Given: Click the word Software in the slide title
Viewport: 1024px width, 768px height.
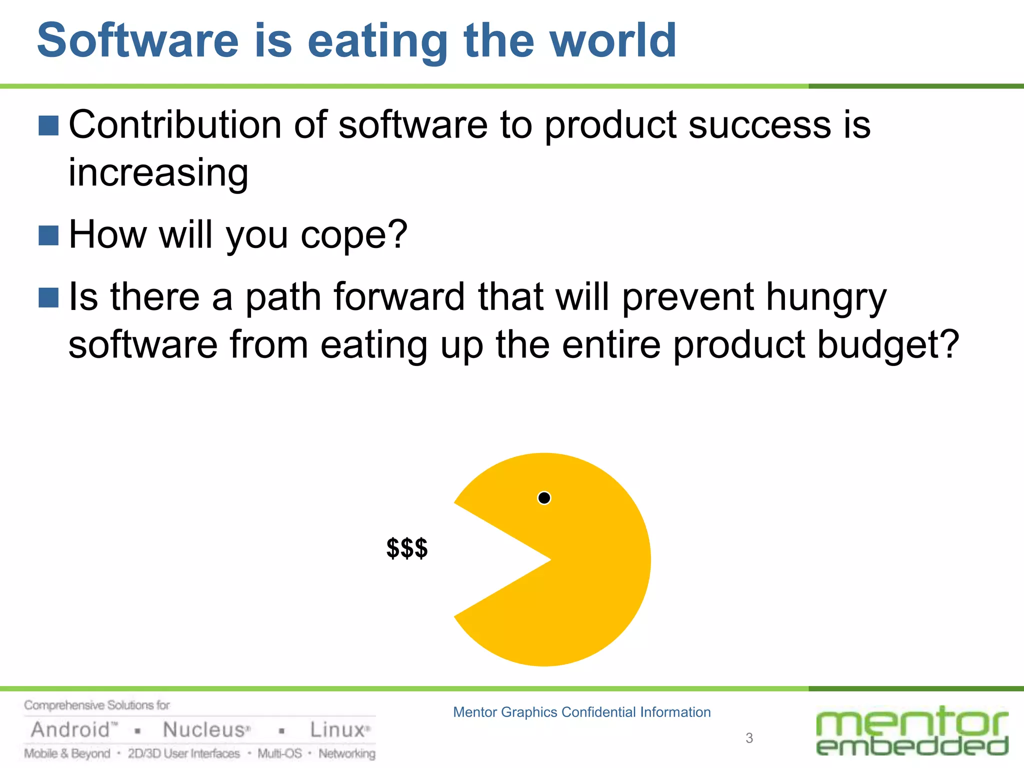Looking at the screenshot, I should click(138, 41).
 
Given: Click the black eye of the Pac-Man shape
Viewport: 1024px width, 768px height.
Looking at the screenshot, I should click(544, 498).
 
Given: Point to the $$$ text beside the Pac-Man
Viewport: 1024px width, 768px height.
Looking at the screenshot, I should click(407, 548).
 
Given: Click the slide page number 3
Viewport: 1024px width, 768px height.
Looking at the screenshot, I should click(749, 738).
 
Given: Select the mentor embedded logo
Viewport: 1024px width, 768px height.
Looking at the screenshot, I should click(912, 731).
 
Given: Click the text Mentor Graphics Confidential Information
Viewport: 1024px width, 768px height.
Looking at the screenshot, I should click(581, 712).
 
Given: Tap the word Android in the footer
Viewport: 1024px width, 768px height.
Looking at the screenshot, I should click(70, 730).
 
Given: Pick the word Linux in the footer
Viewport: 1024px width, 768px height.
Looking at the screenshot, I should click(337, 730).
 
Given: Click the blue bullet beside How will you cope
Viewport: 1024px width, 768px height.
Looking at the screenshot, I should click(48, 235).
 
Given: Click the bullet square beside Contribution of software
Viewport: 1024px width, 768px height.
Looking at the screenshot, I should click(48, 125).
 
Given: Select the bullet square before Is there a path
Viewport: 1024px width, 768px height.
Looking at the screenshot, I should click(48, 297).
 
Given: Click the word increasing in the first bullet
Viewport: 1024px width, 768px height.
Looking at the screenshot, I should click(158, 173).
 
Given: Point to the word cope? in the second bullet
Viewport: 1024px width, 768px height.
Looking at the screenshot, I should click(353, 234).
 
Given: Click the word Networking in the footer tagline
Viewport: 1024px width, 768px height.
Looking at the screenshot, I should click(347, 753).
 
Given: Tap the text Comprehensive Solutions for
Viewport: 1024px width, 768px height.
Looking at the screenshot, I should click(97, 705).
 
